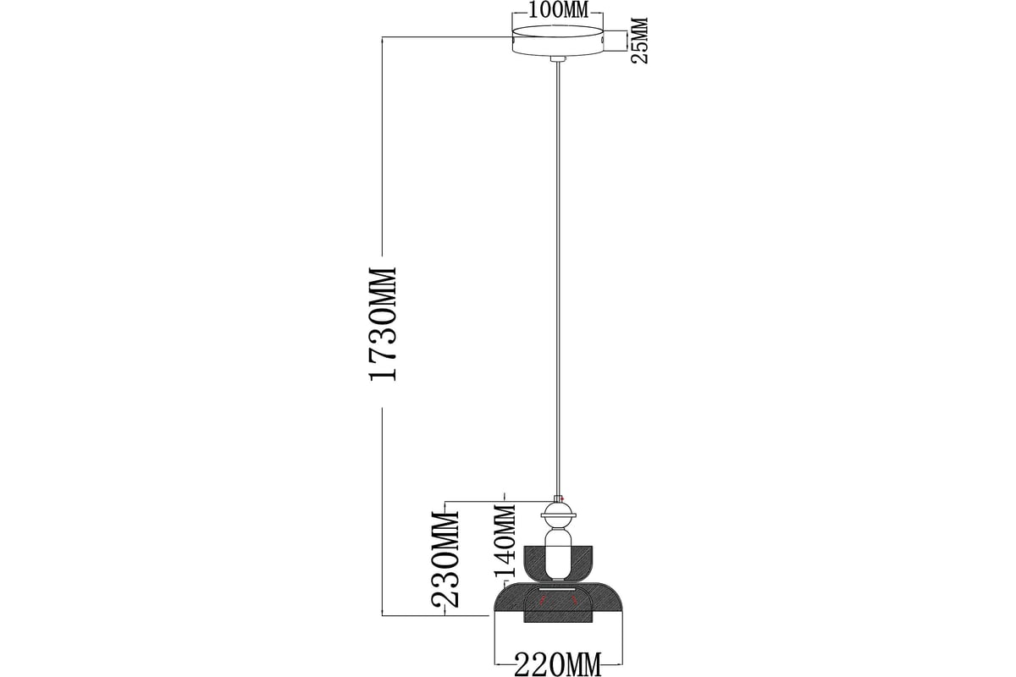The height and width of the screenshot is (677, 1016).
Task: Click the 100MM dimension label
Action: coord(558,10)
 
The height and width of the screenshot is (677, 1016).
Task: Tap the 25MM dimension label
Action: coord(639,41)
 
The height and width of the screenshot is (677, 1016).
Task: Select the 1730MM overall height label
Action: coord(384,324)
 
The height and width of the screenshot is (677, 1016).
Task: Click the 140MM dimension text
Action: coord(505,540)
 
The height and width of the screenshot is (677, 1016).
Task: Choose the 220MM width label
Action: coord(558,665)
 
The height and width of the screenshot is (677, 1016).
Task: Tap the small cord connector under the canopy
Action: coord(558,59)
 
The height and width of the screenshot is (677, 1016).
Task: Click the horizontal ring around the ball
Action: coord(558,515)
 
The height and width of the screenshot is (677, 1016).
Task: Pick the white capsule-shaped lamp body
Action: coord(558,555)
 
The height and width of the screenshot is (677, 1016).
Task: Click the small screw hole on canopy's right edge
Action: coord(602,41)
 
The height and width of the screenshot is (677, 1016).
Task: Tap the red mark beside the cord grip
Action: coord(562,498)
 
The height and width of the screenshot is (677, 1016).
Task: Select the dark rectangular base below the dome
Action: coord(558,616)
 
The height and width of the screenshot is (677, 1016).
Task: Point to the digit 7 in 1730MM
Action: coord(384,352)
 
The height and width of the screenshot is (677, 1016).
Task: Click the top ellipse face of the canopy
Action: coord(558,33)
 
